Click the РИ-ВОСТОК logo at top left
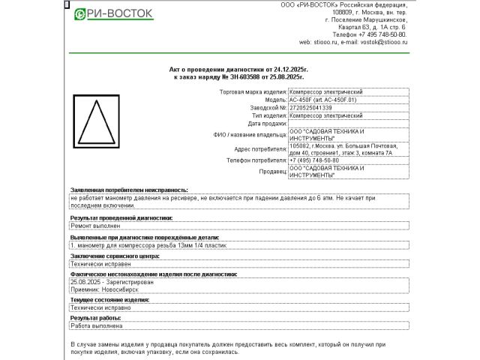114,13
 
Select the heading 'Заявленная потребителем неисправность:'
129,190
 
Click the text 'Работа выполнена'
96,325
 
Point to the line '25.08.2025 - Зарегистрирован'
111,282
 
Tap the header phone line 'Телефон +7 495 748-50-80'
370,34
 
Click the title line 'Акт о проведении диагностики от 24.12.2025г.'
238,68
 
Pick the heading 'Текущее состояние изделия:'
109,299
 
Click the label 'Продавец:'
273,172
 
